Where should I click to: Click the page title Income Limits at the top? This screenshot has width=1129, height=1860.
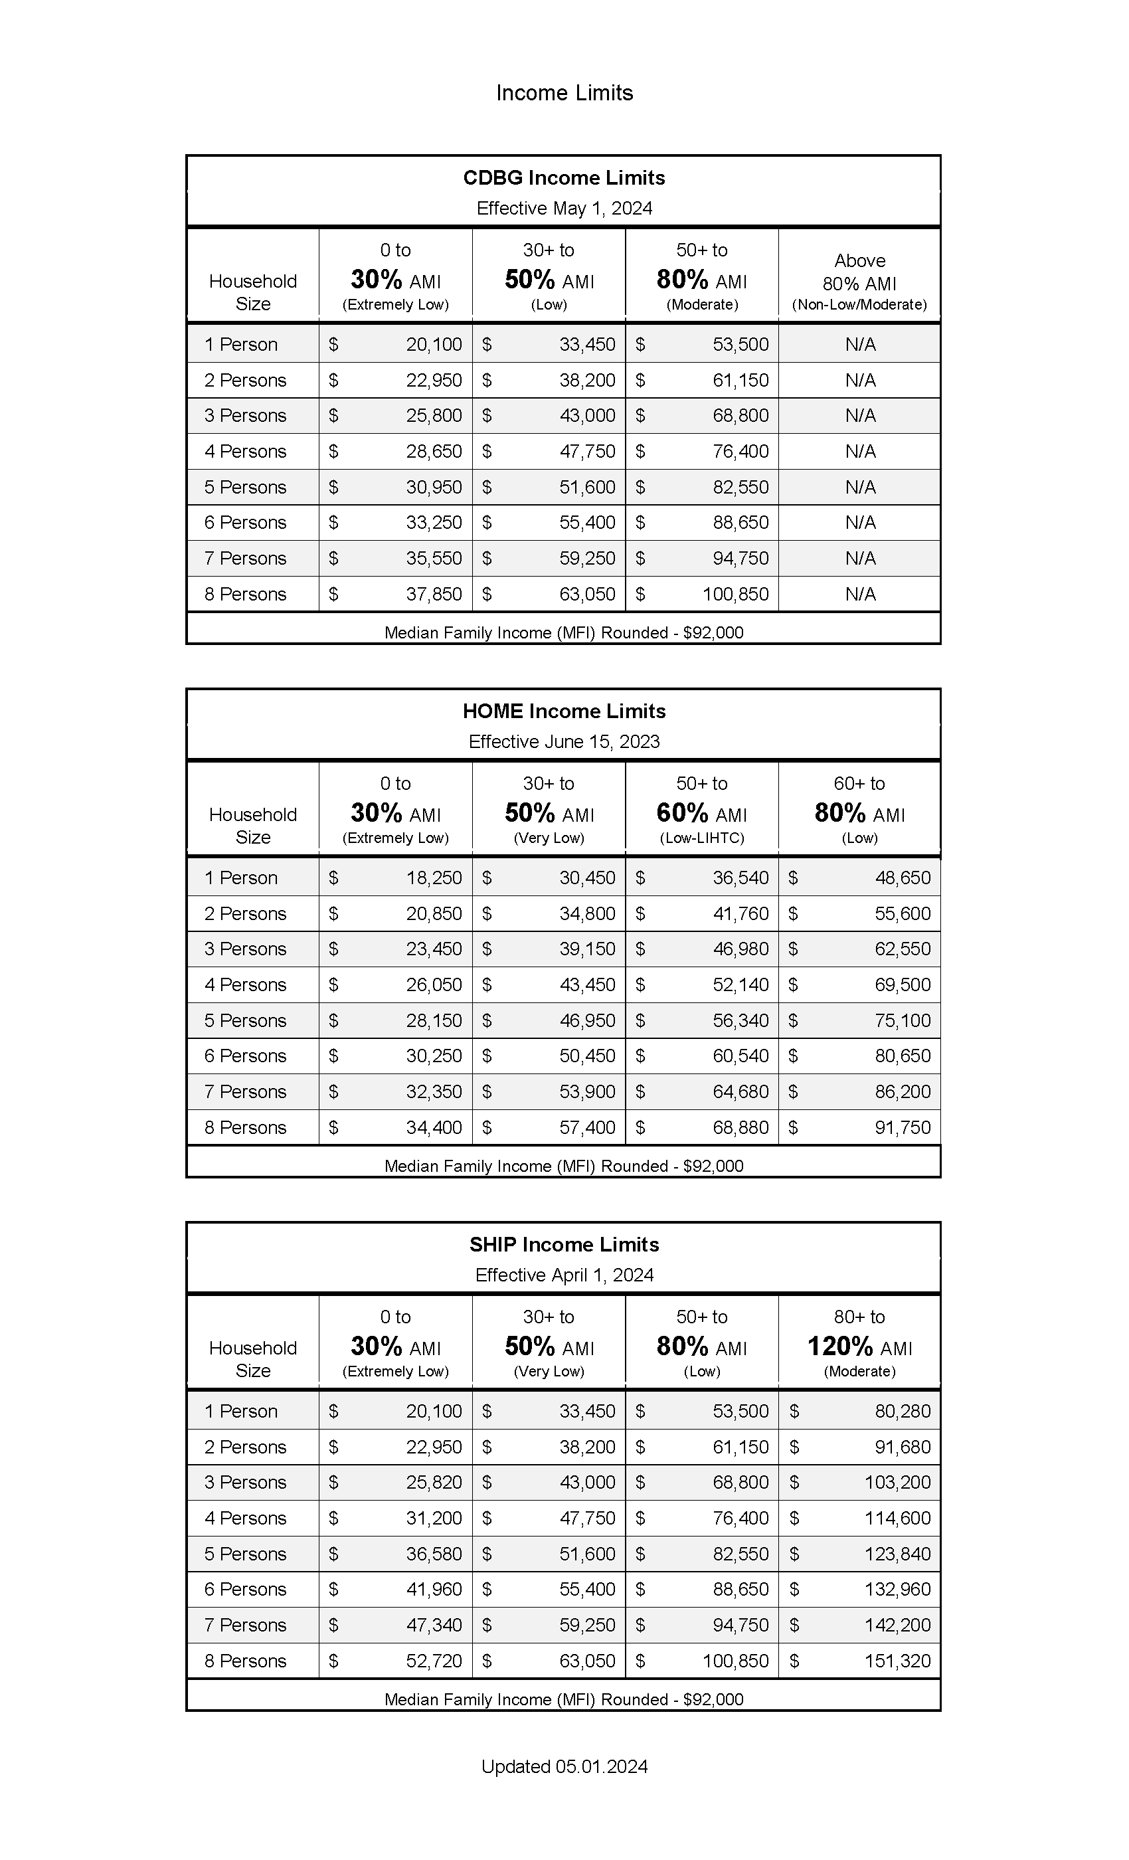click(x=564, y=93)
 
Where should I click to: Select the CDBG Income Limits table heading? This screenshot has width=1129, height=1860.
click(x=564, y=178)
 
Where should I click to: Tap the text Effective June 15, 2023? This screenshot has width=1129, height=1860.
click(x=564, y=741)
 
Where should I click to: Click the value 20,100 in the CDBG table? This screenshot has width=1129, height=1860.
click(x=433, y=345)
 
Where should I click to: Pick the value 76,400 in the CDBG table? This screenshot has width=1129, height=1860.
click(x=740, y=452)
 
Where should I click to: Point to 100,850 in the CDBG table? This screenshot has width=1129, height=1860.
click(x=735, y=594)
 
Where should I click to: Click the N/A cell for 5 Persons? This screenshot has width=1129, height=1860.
click(x=859, y=487)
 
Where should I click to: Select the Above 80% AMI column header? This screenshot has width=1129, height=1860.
click(x=859, y=282)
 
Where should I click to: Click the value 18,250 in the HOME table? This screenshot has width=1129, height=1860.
click(x=433, y=878)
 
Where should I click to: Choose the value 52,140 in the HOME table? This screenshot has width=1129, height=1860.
click(x=740, y=984)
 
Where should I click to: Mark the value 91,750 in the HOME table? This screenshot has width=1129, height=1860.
click(x=902, y=1127)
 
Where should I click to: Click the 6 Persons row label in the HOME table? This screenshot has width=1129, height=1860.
click(x=245, y=1056)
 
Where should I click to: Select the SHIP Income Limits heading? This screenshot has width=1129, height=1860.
click(x=564, y=1245)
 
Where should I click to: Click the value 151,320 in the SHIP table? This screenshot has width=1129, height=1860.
click(x=897, y=1661)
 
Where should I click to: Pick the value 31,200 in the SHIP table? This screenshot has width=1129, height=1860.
click(x=433, y=1518)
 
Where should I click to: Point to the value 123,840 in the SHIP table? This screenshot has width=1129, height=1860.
click(x=897, y=1554)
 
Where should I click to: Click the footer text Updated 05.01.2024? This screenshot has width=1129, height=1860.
click(x=564, y=1766)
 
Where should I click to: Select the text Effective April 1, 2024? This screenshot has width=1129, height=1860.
click(x=564, y=1275)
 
